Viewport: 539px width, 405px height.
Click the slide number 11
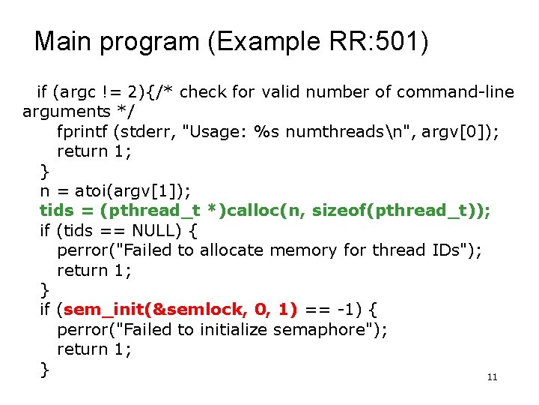pos(492,377)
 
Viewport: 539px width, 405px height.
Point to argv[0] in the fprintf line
pos(454,131)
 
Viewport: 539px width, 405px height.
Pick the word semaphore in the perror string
pos(327,328)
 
